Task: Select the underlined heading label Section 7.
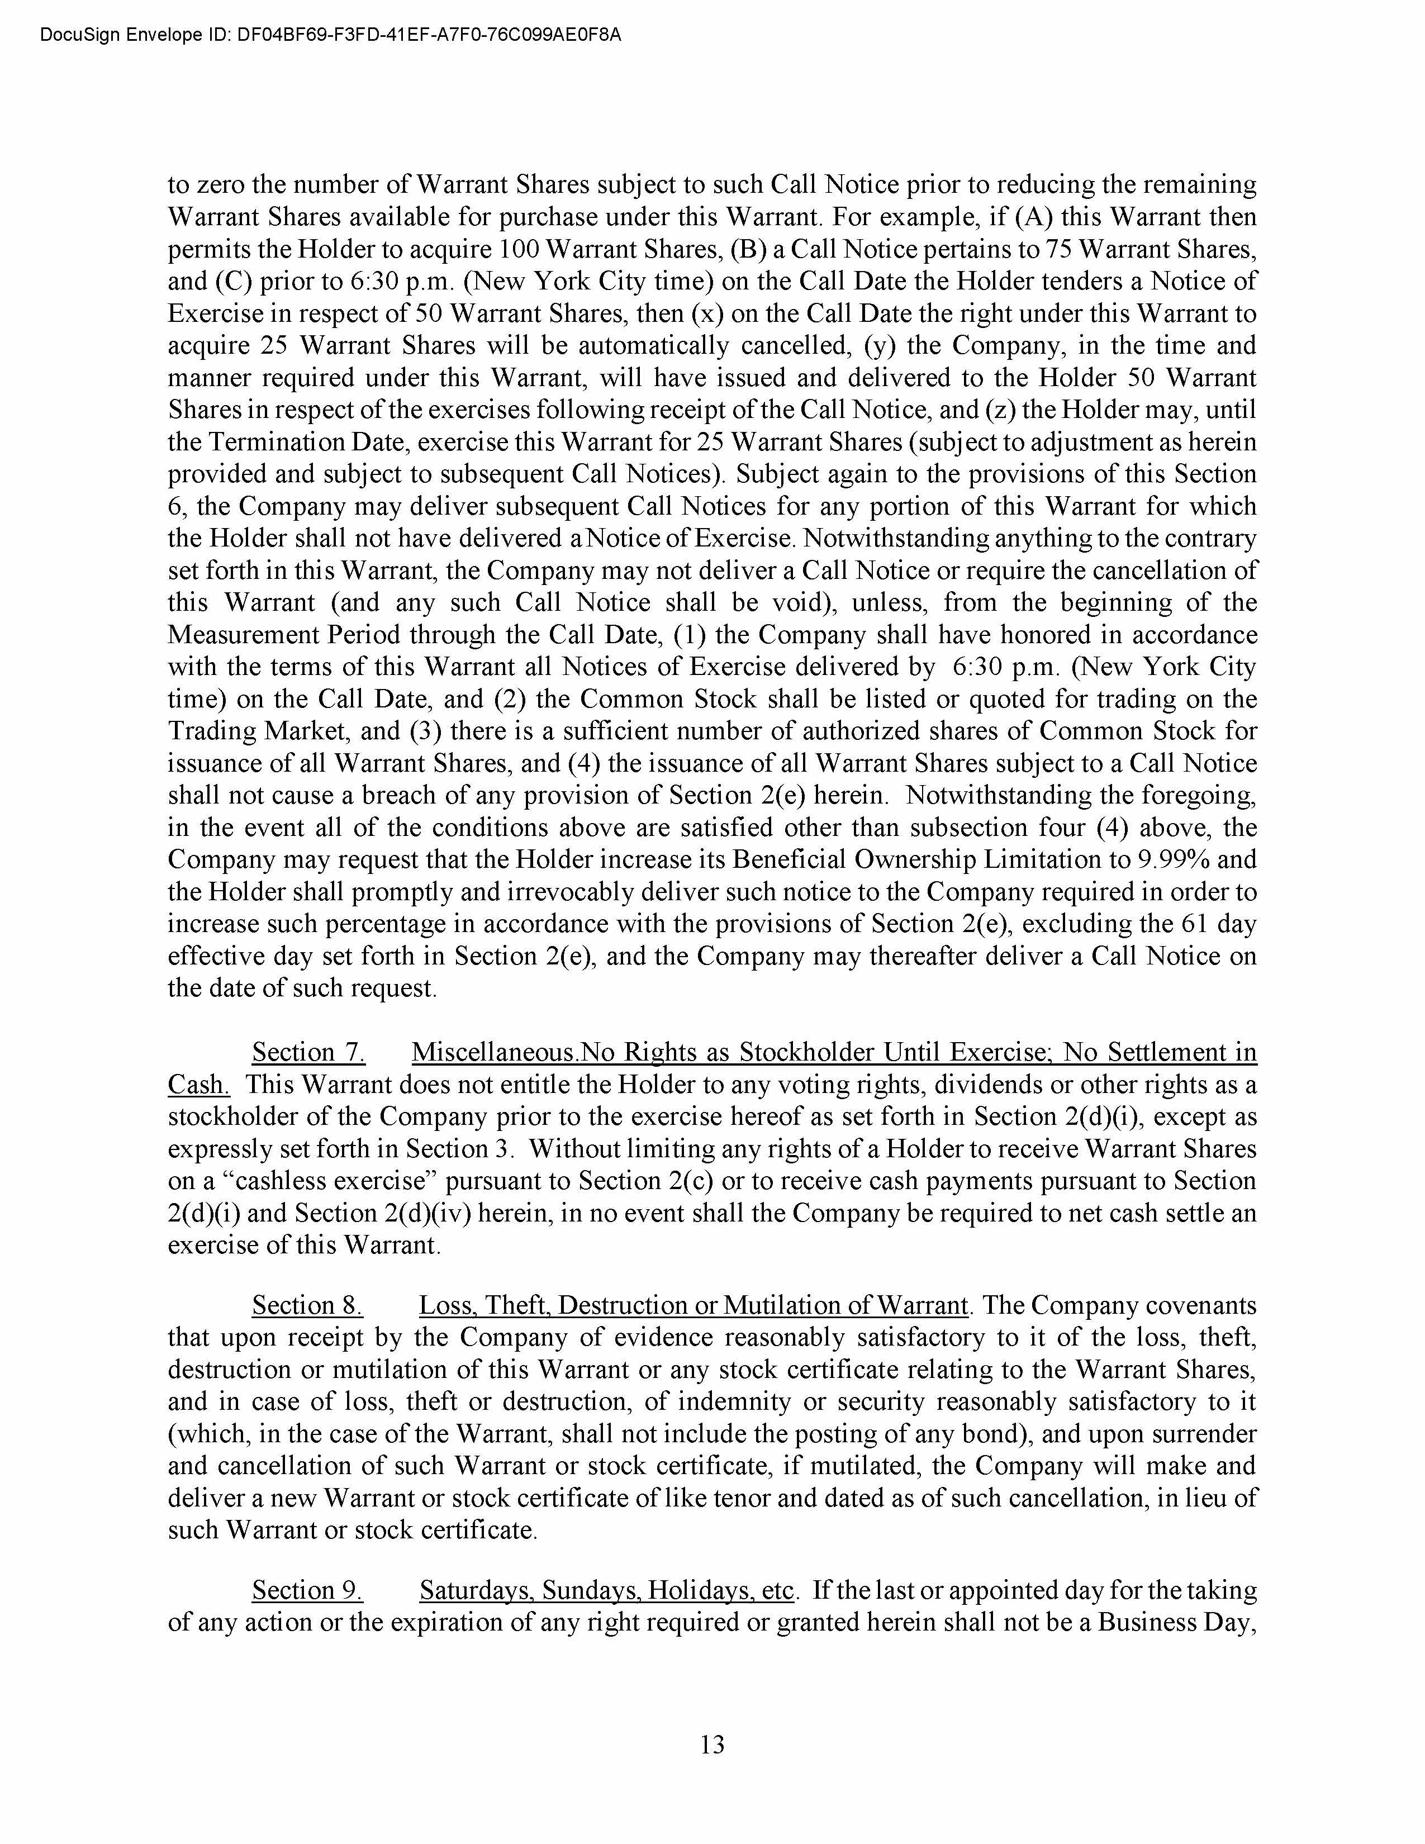[x=308, y=1052]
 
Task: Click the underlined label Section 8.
[x=307, y=1305]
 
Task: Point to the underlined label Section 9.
[x=307, y=1591]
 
